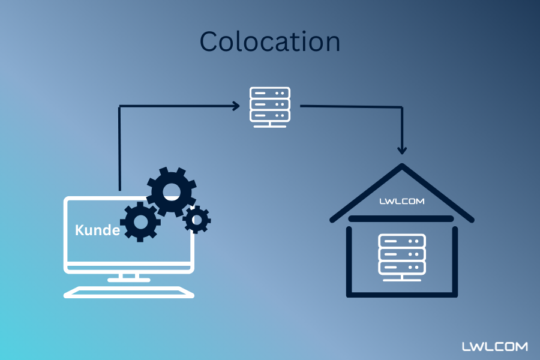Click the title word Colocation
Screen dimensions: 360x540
pyautogui.click(x=269, y=41)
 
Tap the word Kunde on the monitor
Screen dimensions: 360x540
pyautogui.click(x=97, y=230)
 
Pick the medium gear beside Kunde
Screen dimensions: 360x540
pyautogui.click(x=140, y=221)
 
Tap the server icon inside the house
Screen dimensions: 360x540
pyautogui.click(x=401, y=257)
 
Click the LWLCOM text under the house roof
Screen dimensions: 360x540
pyautogui.click(x=401, y=202)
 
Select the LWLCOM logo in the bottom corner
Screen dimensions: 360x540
pyautogui.click(x=495, y=347)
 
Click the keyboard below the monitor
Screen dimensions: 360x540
pyautogui.click(x=129, y=292)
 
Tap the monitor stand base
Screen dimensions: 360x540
pyautogui.click(x=129, y=278)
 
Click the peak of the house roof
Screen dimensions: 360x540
pyautogui.click(x=402, y=166)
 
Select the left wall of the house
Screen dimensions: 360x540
pyautogui.click(x=349, y=261)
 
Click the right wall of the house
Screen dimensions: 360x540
pyautogui.click(x=455, y=261)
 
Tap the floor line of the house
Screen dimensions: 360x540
pyautogui.click(x=402, y=295)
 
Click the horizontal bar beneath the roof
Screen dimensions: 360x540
pyautogui.click(x=401, y=218)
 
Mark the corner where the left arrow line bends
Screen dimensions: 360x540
pyautogui.click(x=121, y=107)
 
